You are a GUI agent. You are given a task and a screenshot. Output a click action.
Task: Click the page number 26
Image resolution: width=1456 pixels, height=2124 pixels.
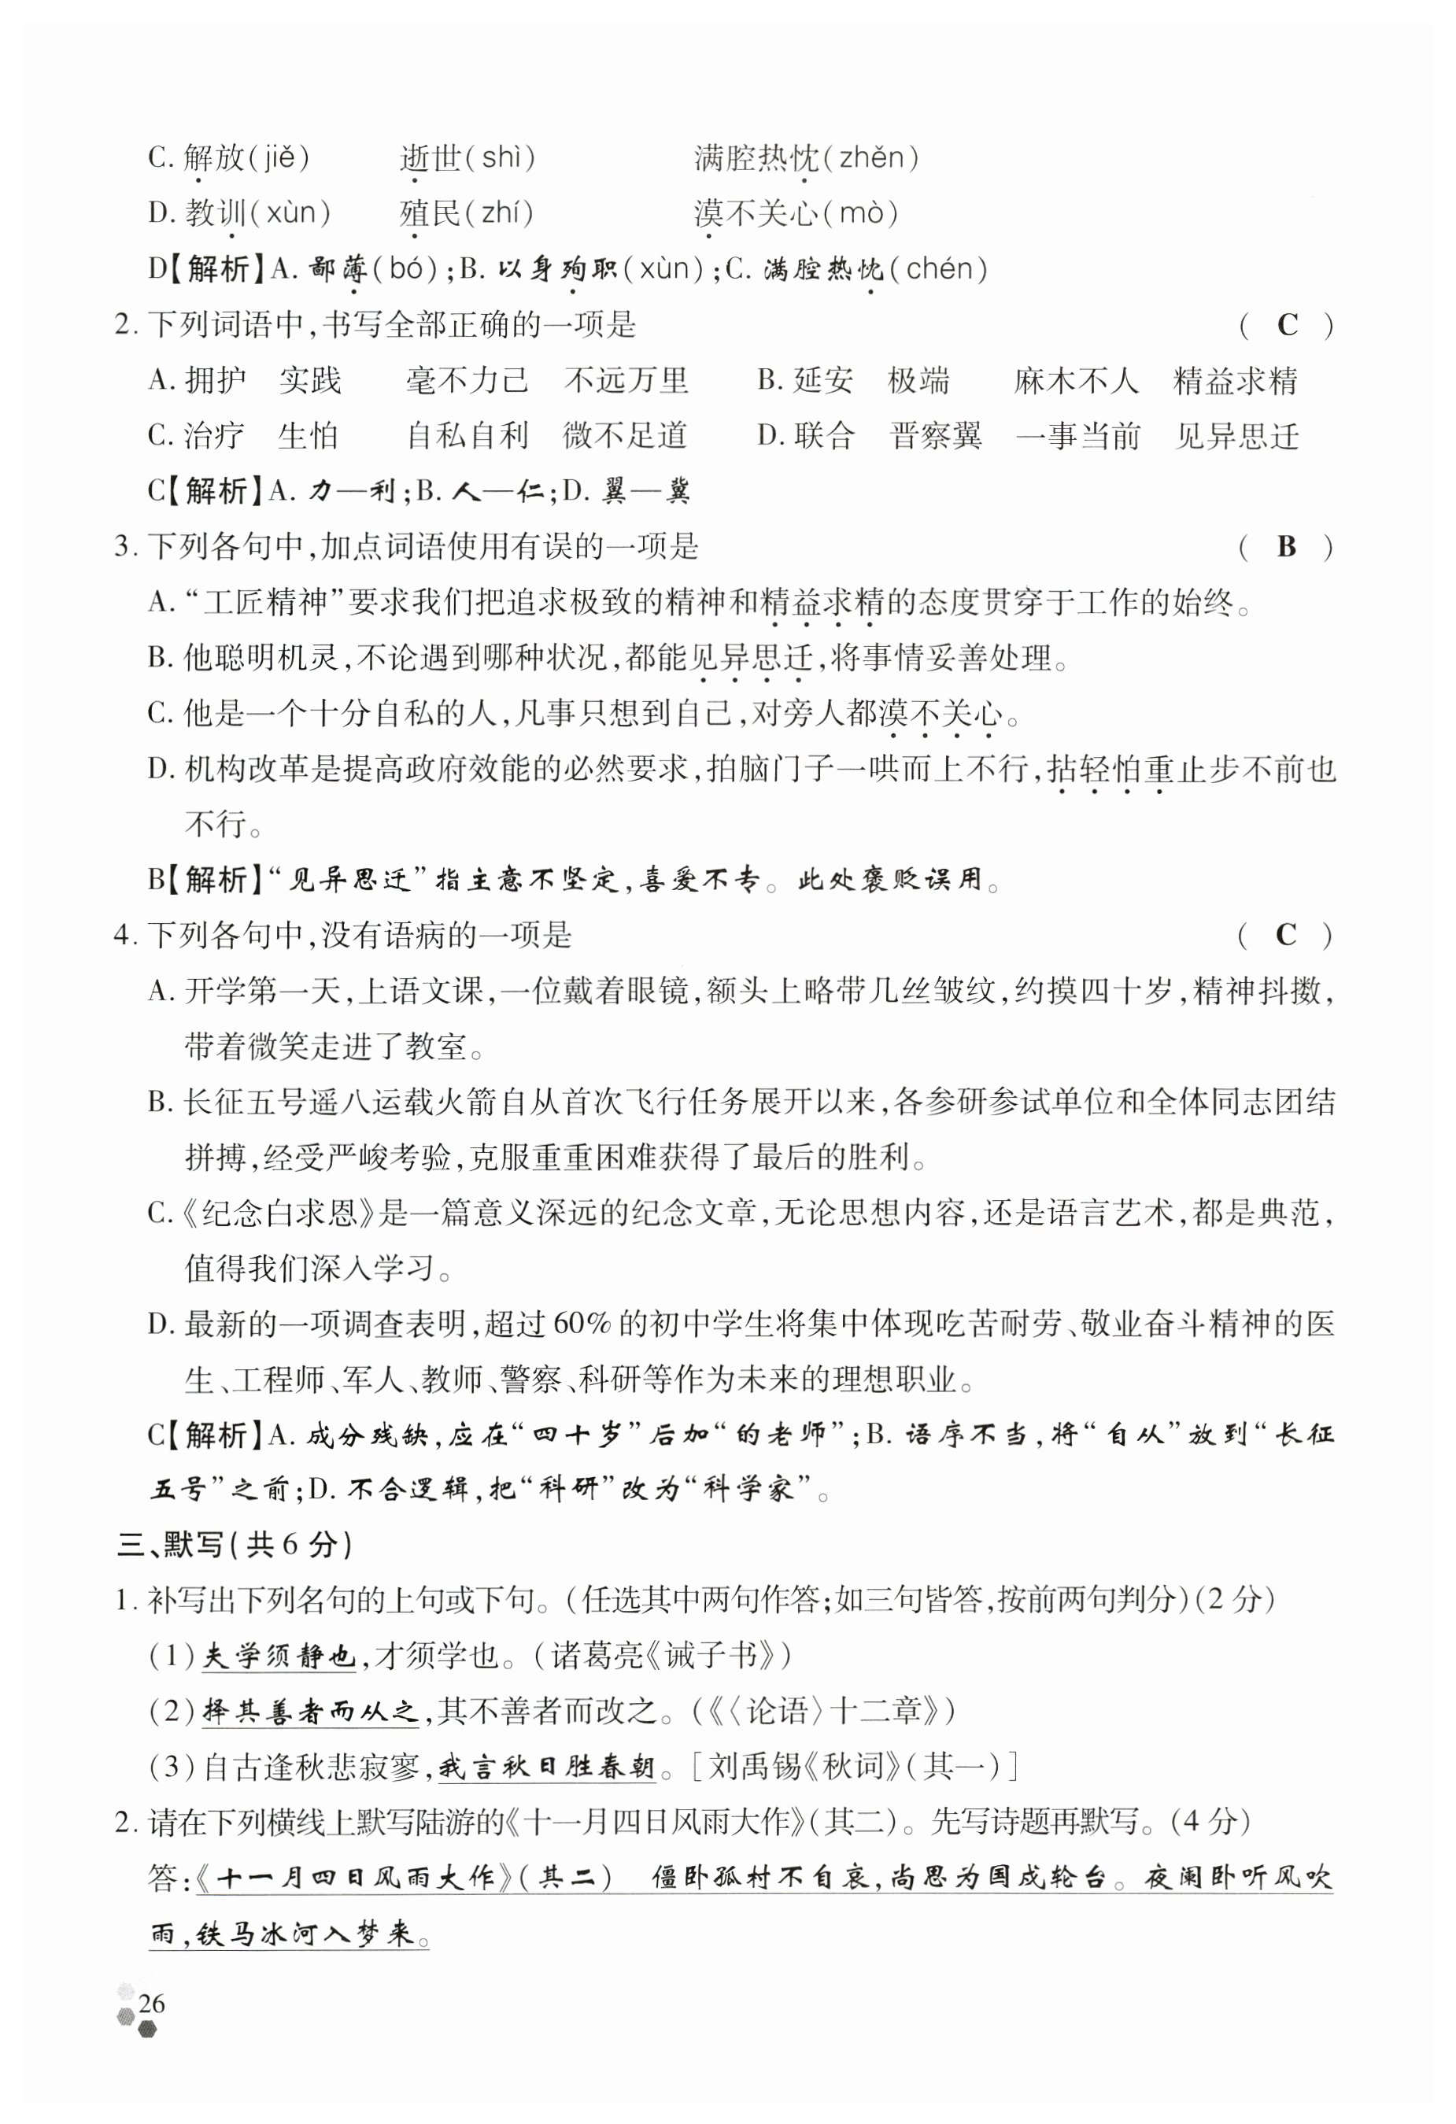pyautogui.click(x=151, y=2004)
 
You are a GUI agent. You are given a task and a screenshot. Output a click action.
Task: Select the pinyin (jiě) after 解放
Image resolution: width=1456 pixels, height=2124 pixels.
pyautogui.click(x=279, y=158)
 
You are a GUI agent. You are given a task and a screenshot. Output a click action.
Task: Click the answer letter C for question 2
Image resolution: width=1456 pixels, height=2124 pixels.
pyautogui.click(x=1287, y=324)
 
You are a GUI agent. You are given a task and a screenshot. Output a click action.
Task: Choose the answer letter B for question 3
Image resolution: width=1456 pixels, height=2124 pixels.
pyautogui.click(x=1286, y=546)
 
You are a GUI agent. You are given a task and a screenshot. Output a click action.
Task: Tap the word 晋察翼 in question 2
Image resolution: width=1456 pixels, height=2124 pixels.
pyautogui.click(x=936, y=436)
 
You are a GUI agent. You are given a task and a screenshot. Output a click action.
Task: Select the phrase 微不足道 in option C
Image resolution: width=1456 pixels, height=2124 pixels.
pyautogui.click(x=625, y=436)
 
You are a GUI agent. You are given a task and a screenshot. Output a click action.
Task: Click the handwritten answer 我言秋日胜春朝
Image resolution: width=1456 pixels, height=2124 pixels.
pyautogui.click(x=546, y=1767)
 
